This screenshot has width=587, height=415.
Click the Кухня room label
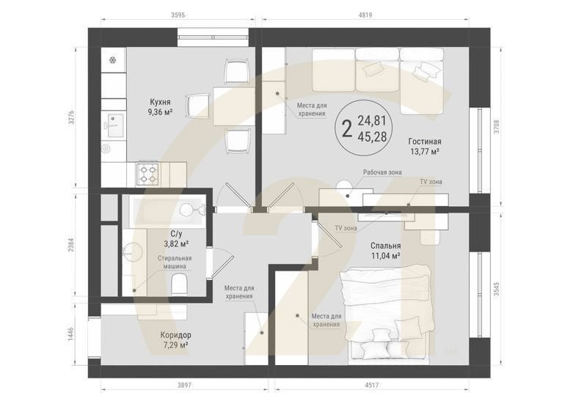click(x=160, y=102)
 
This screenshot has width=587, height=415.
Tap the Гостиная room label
click(x=425, y=142)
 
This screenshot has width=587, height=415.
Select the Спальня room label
click(x=386, y=246)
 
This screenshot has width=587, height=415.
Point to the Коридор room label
click(x=175, y=335)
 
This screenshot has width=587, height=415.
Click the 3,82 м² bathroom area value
click(x=176, y=244)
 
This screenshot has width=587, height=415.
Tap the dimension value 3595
click(x=178, y=15)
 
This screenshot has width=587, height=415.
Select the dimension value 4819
click(x=365, y=15)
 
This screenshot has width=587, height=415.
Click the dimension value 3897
click(x=184, y=385)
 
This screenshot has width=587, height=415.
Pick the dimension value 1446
click(x=71, y=334)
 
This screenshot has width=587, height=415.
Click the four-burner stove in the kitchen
click(x=147, y=174)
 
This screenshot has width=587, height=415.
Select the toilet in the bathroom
click(x=179, y=284)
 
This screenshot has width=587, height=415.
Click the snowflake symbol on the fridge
click(x=112, y=60)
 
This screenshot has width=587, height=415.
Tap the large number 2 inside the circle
click(x=347, y=128)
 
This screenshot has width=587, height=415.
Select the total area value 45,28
click(x=372, y=136)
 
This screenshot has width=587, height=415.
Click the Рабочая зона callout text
click(x=382, y=172)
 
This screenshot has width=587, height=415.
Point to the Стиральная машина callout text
click(x=175, y=262)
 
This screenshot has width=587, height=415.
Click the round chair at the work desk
click(x=345, y=186)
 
